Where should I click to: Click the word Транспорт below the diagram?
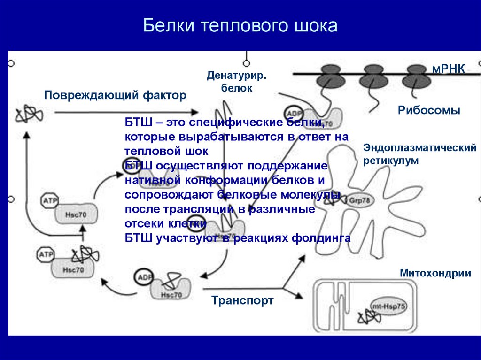[x=242, y=300]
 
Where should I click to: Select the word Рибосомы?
[x=429, y=111]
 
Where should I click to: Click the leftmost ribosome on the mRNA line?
[x=330, y=76]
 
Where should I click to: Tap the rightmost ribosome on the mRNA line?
[x=416, y=76]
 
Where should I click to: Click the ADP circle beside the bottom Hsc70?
[x=143, y=277]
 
